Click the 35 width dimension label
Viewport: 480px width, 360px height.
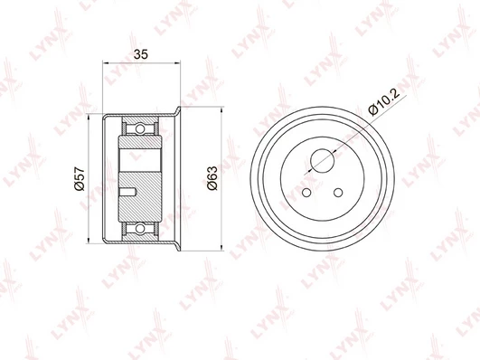pyautogui.click(x=141, y=54)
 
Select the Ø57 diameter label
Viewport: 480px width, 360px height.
pyautogui.click(x=80, y=178)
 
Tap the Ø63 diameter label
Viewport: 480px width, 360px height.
pyautogui.click(x=212, y=178)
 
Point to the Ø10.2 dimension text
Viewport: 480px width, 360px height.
pyautogui.click(x=384, y=102)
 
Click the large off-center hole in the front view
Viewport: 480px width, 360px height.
pyautogui.click(x=322, y=160)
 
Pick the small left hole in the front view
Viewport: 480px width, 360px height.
pyautogui.click(x=306, y=193)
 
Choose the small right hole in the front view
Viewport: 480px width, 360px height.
pyautogui.click(x=338, y=193)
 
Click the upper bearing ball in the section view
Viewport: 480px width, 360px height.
pyautogui.click(x=140, y=128)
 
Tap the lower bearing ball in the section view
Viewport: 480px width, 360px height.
pyautogui.click(x=140, y=228)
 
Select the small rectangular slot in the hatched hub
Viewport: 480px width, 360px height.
pyautogui.click(x=128, y=192)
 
